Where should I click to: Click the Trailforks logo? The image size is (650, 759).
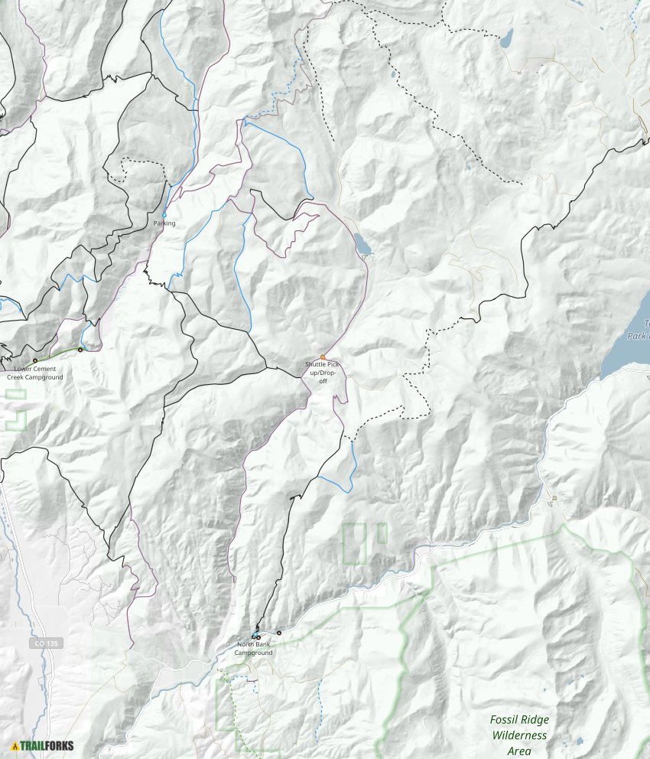(x=42, y=746)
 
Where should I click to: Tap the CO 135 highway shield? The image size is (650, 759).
(x=45, y=643)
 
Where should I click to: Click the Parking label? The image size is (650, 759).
(x=164, y=223)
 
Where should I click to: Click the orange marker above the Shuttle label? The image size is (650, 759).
(x=323, y=357)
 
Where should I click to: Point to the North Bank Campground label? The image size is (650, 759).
(x=253, y=648)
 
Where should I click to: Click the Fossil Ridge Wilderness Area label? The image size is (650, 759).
(x=520, y=735)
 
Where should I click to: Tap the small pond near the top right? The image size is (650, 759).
(x=505, y=38)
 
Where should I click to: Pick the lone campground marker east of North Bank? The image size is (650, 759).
(x=279, y=632)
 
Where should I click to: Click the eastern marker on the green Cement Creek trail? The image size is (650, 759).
(x=80, y=350)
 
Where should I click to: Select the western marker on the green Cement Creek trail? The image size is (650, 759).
(x=34, y=360)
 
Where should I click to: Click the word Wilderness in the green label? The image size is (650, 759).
(x=520, y=735)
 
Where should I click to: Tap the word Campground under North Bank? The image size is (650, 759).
(x=253, y=653)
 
